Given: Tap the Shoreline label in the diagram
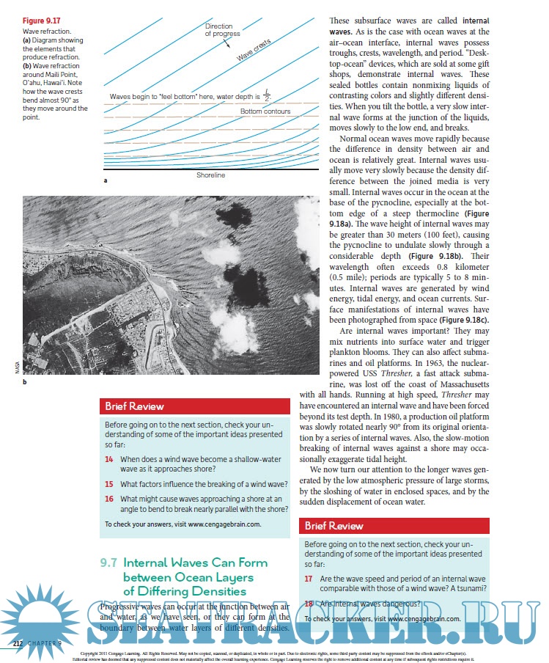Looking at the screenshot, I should (x=210, y=176).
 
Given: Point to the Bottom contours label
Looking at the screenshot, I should (x=265, y=111).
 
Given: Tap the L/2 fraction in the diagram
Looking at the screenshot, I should (x=267, y=96).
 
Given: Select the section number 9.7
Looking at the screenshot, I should (x=108, y=563).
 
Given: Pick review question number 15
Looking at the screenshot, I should (x=108, y=484).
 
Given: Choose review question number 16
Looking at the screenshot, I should (x=108, y=499).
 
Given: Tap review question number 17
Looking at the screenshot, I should (x=309, y=578).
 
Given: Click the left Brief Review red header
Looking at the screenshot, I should (x=134, y=406).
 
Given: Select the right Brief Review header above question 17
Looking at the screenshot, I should (x=334, y=526).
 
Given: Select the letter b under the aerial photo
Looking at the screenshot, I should (x=24, y=383).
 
